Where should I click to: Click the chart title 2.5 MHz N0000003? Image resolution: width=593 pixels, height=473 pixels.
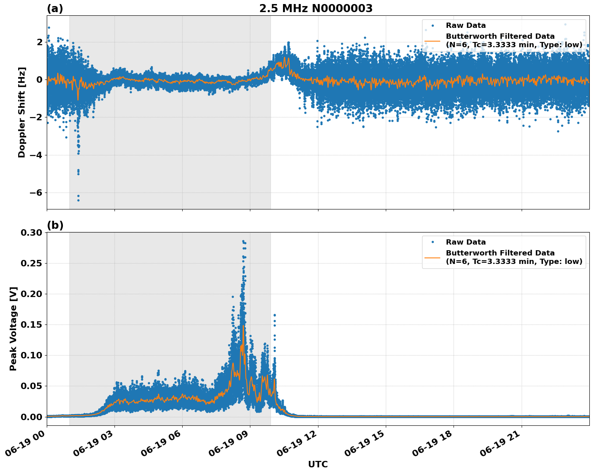tap(316, 8)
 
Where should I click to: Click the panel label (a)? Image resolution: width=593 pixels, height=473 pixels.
tap(55, 8)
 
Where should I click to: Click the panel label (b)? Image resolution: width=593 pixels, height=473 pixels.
tap(55, 225)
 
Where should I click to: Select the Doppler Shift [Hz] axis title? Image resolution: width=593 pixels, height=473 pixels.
tap(22, 112)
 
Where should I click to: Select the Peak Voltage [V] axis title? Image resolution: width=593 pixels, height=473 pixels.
tap(13, 329)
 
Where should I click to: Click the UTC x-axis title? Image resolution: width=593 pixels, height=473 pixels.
tap(318, 464)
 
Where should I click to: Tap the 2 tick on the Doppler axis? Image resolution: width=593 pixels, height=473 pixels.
tap(40, 42)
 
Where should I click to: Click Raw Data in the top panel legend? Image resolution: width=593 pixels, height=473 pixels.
tap(466, 25)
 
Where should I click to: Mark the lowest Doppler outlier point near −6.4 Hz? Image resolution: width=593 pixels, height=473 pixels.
tap(78, 200)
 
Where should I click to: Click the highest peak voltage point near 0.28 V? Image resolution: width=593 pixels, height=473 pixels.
tap(243, 241)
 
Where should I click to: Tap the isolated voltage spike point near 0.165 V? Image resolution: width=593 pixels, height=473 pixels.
tap(275, 315)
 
